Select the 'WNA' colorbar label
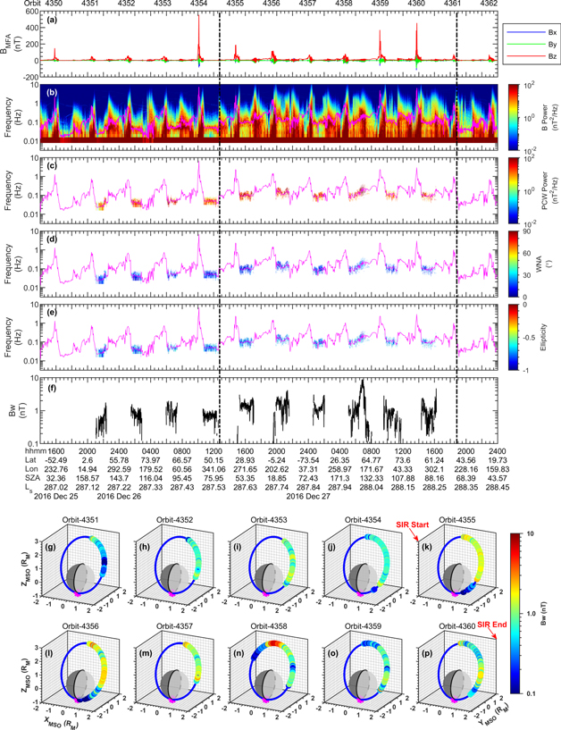[x=546, y=264]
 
